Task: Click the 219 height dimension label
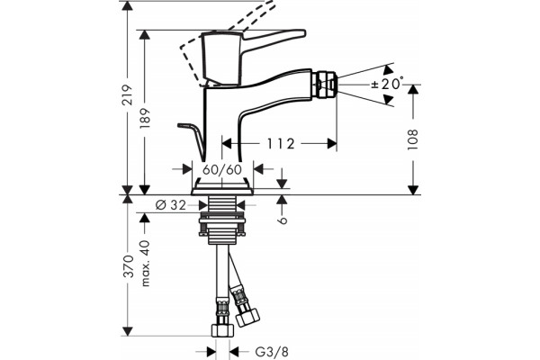point(128,94)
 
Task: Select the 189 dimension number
point(145,118)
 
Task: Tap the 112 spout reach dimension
point(281,144)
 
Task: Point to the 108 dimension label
point(412,139)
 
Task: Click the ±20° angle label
point(387,84)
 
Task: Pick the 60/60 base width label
point(222,169)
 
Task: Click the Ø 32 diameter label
point(171,205)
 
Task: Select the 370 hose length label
point(128,266)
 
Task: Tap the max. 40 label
point(146,263)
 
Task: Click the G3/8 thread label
point(272,352)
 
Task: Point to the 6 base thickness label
point(283,220)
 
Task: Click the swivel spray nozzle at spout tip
point(324,85)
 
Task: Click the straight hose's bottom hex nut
point(222,329)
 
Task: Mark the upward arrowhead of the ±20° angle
point(389,69)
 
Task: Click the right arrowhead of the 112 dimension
point(332,144)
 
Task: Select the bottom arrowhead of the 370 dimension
point(128,331)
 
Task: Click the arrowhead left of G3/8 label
point(211,352)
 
